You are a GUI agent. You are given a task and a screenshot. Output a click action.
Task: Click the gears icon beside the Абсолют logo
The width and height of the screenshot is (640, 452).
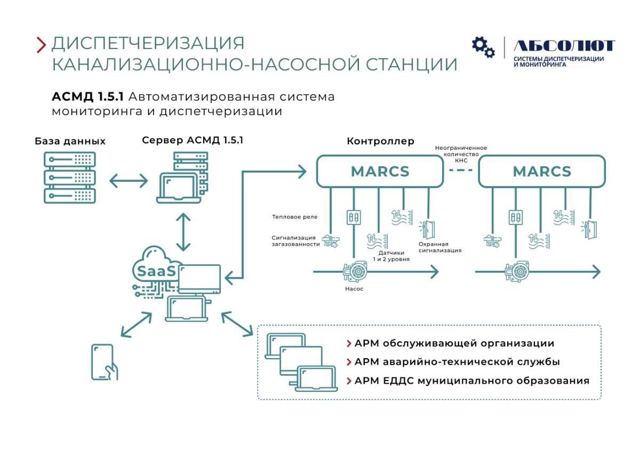click(483, 47)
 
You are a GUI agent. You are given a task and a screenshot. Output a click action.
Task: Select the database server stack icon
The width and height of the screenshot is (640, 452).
click(70, 177)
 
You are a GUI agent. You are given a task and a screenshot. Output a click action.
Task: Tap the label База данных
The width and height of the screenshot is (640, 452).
click(70, 141)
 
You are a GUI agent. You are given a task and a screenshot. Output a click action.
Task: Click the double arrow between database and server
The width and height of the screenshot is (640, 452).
click(129, 181)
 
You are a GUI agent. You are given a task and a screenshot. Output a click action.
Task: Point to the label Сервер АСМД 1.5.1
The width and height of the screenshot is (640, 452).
click(193, 140)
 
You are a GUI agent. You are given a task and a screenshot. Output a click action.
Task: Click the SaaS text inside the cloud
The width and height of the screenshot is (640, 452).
click(156, 271)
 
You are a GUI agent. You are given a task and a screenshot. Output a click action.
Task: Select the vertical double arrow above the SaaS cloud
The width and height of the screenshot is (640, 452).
click(183, 232)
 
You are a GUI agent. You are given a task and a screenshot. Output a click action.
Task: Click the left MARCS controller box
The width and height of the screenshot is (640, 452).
click(380, 171)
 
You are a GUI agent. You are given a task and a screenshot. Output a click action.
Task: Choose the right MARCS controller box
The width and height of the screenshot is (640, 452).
click(542, 171)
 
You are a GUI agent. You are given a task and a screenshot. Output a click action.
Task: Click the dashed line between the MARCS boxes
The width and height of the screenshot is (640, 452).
click(461, 170)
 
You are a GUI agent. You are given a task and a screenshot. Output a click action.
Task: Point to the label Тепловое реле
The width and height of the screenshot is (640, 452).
click(294, 217)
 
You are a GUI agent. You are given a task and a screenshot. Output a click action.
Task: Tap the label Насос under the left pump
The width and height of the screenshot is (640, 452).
click(354, 289)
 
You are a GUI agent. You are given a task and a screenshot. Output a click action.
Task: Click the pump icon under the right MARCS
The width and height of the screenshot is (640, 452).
click(517, 271)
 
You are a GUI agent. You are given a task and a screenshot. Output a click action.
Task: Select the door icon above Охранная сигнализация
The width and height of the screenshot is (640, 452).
click(427, 230)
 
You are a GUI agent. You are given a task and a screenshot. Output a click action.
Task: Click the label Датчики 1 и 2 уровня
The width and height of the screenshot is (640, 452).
click(391, 256)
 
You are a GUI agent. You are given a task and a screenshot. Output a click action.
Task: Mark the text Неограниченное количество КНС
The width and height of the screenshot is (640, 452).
click(461, 154)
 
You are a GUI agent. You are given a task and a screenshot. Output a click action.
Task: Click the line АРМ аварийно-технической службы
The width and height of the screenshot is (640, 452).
click(457, 362)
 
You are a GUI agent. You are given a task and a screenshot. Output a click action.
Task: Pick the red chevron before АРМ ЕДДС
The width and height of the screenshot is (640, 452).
click(349, 381)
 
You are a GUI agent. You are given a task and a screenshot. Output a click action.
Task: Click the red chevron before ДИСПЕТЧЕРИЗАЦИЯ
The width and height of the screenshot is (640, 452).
click(41, 45)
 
